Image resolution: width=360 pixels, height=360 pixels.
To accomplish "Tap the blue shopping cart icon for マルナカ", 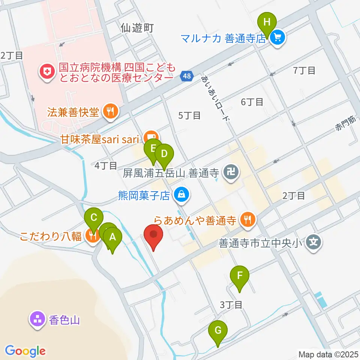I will click(x=278, y=37).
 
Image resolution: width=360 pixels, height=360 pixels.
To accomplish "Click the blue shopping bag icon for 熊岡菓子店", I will click(x=181, y=195).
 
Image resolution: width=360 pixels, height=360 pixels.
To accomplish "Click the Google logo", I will click(x=25, y=351).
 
